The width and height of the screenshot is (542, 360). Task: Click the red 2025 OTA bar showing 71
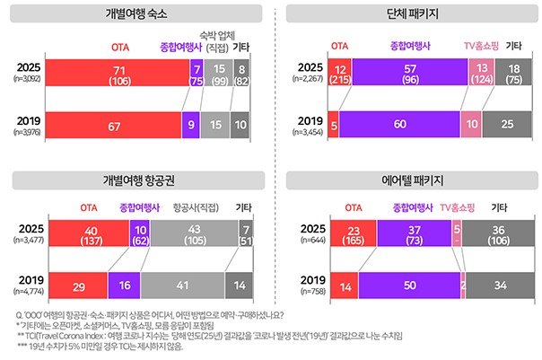click(x=118, y=73)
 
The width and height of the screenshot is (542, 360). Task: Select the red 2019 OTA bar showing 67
click(x=115, y=125)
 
